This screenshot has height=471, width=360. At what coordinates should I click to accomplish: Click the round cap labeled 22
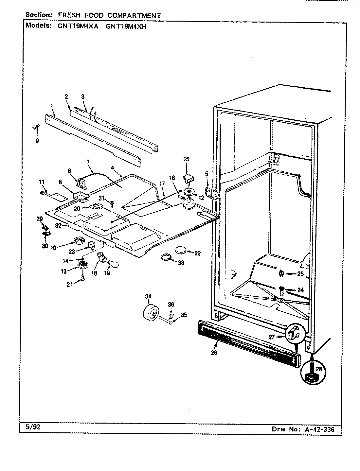coord(181,251)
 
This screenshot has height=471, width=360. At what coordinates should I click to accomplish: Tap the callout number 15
coord(186,159)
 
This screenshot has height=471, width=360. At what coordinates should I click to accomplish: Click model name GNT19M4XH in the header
coord(126,27)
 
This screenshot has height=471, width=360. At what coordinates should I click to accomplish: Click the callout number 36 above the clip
coord(171,305)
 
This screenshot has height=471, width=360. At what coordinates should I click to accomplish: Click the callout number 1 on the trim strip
coord(51,105)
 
